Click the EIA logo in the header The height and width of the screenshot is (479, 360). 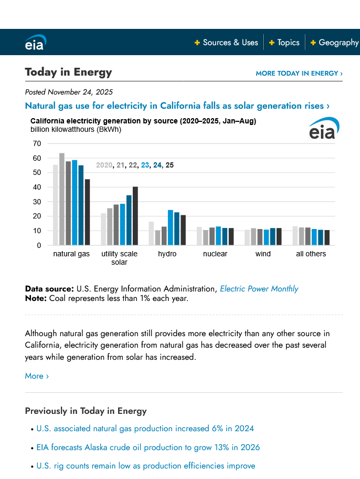click(x=35, y=43)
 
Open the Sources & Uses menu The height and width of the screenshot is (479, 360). click(x=230, y=43)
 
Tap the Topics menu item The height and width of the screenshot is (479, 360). click(x=288, y=43)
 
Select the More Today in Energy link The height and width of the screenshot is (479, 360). click(x=299, y=74)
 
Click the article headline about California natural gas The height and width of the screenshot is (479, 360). click(x=177, y=106)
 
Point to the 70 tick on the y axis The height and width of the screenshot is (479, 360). click(x=37, y=143)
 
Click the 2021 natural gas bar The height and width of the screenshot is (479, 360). click(x=62, y=199)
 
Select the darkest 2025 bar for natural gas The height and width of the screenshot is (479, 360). click(x=87, y=212)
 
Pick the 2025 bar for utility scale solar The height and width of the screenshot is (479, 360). click(x=135, y=216)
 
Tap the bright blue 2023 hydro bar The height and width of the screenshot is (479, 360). click(x=171, y=227)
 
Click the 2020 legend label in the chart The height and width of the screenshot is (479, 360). click(x=104, y=165)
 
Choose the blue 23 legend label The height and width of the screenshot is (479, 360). click(x=145, y=165)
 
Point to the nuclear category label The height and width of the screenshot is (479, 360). click(x=215, y=254)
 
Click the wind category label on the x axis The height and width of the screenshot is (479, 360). click(x=263, y=254)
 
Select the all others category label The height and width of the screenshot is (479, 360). click(x=311, y=254)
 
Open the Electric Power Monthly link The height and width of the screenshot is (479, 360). click(x=259, y=289)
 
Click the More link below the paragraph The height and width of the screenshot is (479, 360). click(x=37, y=376)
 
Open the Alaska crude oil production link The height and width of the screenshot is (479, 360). click(x=148, y=447)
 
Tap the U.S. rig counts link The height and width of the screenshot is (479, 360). click(x=146, y=466)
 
